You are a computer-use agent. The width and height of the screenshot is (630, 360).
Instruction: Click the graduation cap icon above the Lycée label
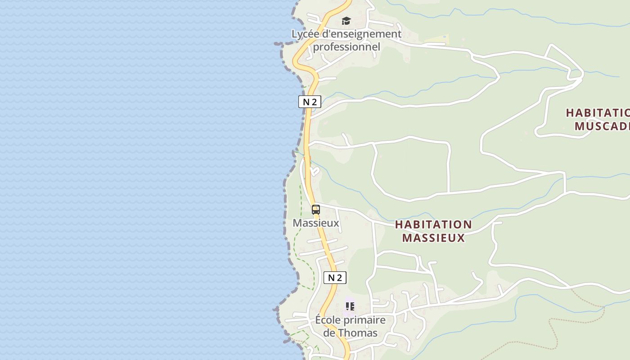346,21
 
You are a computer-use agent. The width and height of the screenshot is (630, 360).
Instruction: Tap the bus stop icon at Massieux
316,209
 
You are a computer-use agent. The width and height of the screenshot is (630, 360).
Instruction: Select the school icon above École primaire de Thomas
350,306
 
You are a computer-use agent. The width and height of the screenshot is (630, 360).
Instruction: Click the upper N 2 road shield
310,102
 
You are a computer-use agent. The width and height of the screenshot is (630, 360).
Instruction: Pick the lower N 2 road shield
335,278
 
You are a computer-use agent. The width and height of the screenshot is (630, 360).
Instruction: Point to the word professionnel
346,47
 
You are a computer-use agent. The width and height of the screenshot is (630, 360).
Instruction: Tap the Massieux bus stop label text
316,223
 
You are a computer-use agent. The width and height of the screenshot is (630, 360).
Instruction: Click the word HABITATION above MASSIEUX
433,225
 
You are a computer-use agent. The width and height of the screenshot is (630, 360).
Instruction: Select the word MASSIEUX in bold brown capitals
433,238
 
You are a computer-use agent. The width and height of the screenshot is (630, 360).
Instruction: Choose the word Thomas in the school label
357,333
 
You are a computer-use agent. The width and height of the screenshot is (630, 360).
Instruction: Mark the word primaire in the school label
364,320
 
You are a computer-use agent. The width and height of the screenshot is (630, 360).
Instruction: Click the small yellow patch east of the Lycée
436,39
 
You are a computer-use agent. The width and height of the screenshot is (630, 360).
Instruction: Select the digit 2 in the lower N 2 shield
339,278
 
